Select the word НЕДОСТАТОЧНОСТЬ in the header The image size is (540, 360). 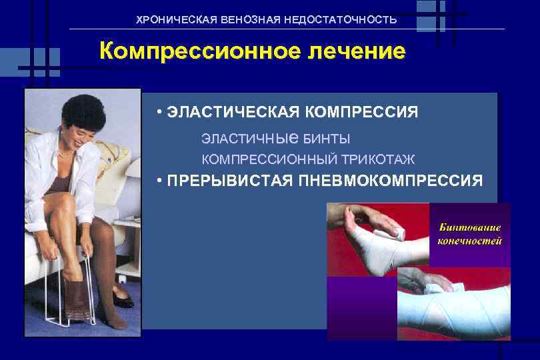point(340,20)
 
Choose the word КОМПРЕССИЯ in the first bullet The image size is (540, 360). point(361,111)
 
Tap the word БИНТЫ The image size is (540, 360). point(327,139)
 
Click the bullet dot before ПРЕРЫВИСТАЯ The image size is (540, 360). point(161,181)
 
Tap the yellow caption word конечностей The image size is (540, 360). point(469,241)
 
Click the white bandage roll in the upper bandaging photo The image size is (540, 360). point(397,231)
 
